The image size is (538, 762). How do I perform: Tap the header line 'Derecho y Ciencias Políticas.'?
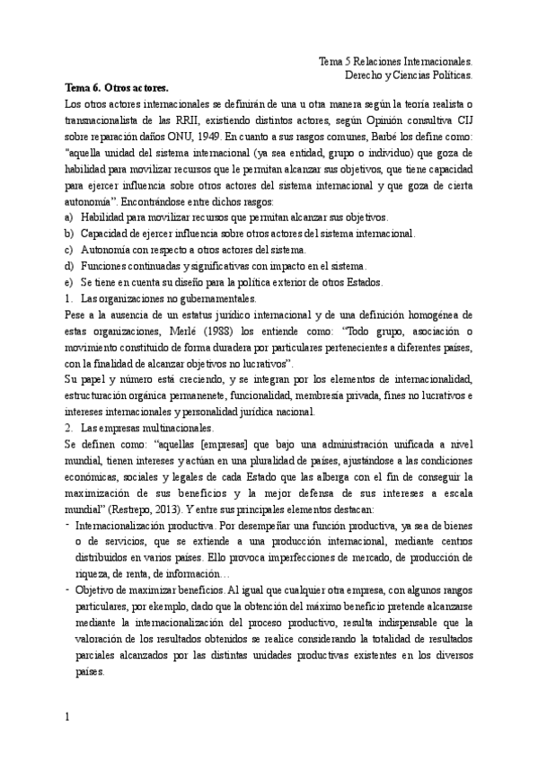tap(409, 75)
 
